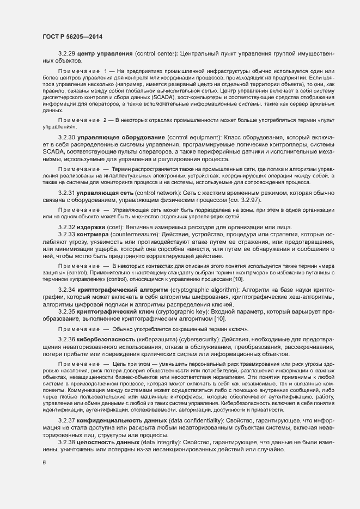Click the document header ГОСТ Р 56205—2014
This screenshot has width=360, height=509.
tap(72, 36)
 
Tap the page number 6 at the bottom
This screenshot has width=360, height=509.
tap(44, 463)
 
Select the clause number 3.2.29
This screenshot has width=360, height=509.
tap(67, 53)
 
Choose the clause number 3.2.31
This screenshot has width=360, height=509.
tap(67, 193)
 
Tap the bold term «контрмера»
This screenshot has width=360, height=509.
tap(96, 234)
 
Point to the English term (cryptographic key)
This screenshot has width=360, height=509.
tap(185, 312)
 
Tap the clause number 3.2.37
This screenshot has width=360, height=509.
tap(67, 421)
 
